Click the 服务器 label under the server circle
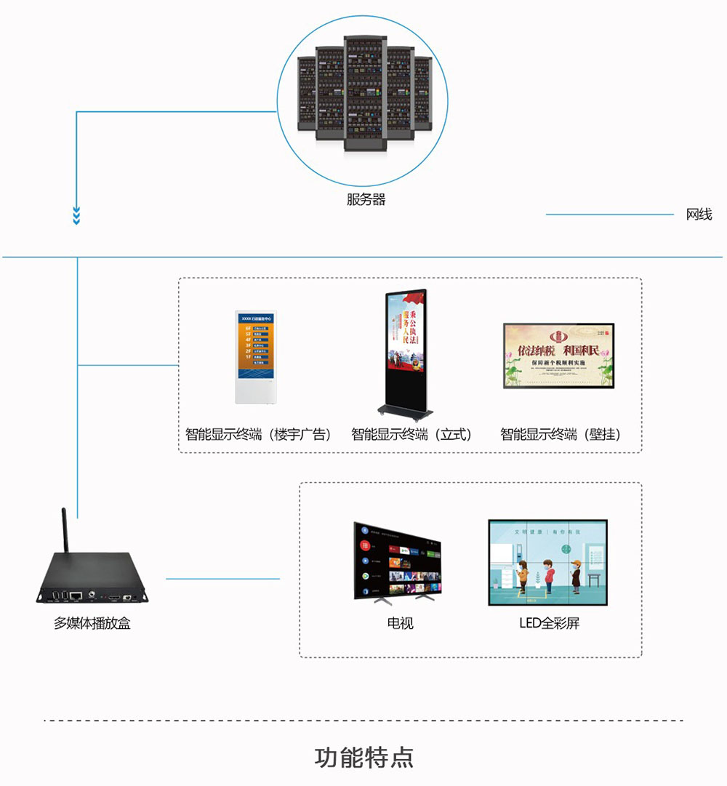[366, 199]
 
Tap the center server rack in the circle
[366, 93]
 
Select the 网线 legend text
[699, 214]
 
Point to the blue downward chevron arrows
[76, 216]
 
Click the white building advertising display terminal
[256, 357]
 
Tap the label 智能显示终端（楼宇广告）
[258, 435]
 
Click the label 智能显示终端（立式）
[411, 435]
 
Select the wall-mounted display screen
[558, 356]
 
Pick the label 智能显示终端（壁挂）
[561, 435]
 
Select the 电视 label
[400, 623]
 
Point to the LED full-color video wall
[547, 562]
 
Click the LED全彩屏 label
[549, 623]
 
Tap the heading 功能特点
[363, 757]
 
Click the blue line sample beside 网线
[610, 214]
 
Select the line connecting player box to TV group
[222, 579]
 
